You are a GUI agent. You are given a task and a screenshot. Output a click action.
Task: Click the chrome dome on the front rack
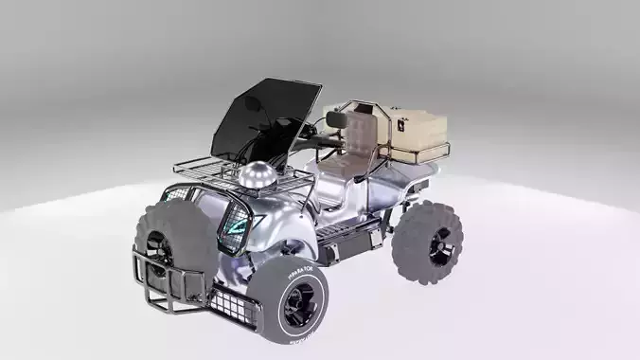coord(257,176)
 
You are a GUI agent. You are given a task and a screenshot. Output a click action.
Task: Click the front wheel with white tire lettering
coord(293,302)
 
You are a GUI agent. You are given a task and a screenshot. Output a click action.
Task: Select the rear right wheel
coord(430,242)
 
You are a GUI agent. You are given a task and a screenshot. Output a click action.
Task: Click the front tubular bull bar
coord(166,284)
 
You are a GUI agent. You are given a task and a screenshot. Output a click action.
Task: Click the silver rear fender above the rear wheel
coord(417,186)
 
